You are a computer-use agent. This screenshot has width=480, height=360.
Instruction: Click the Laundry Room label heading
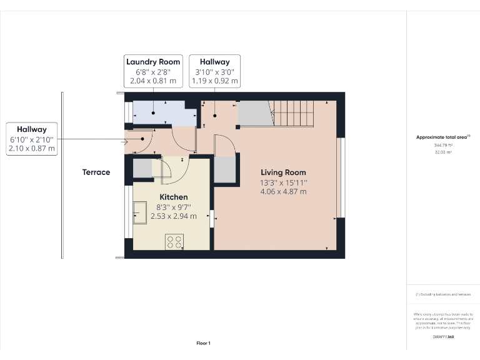pos(153,62)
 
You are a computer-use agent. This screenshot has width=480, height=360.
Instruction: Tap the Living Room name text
pos(283,172)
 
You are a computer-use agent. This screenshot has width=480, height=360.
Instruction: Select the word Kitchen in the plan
pos(174,197)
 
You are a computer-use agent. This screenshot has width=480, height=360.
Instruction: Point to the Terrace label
pos(96,172)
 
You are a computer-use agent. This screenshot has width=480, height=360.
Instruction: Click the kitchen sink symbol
pos(139,213)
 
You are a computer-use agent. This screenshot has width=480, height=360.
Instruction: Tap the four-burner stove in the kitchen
pos(174,241)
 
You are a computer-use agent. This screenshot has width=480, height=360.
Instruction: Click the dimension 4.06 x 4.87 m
pos(283,192)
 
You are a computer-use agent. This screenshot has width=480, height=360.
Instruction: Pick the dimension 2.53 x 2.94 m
pos(174,216)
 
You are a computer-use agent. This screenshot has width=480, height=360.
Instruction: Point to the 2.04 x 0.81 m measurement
pos(153,81)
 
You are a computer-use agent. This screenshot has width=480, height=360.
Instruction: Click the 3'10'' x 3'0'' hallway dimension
pos(214,72)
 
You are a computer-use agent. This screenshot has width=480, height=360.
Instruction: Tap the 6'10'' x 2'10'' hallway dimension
pos(32,139)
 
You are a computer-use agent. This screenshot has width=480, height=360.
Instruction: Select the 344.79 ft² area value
pos(442,144)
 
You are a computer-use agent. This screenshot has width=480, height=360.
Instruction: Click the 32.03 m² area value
pos(442,151)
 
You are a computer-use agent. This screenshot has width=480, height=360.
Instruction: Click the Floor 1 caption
pos(203,343)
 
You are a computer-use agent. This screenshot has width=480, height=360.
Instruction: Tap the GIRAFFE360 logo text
pos(442,337)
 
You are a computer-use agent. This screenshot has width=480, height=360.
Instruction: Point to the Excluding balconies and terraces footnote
pos(442,294)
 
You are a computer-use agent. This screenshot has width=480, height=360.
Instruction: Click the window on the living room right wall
pos(341,177)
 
